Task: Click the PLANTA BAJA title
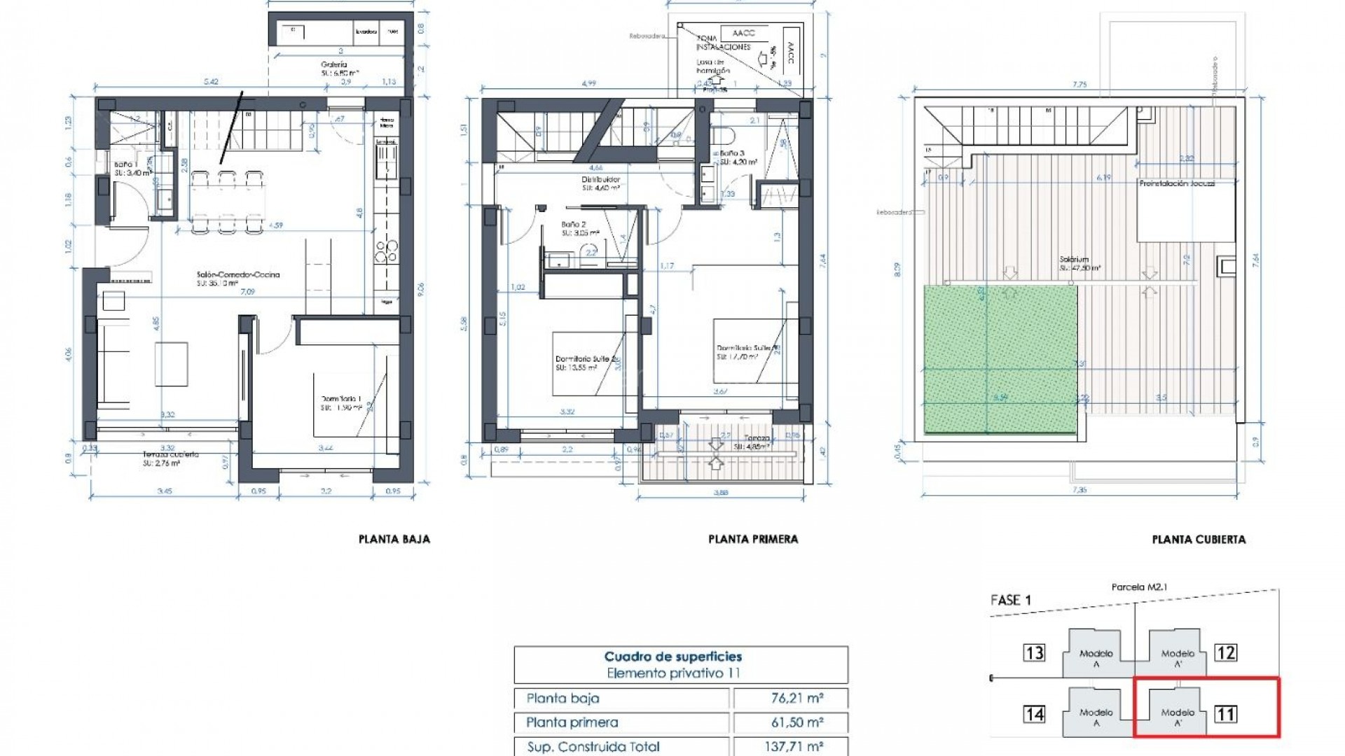tap(394, 539)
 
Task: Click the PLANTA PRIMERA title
tap(752, 539)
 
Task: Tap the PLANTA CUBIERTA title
tap(1198, 539)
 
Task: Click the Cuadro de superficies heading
tap(672, 657)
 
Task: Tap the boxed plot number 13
tap(1034, 653)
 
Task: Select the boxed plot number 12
tap(1226, 653)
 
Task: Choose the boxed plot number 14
tap(1034, 714)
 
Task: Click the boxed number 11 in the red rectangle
tap(1226, 714)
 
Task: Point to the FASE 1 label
tap(1010, 600)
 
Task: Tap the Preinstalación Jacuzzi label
tap(1177, 183)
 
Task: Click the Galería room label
tap(334, 64)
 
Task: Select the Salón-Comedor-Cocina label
tap(238, 274)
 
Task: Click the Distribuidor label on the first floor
tap(600, 179)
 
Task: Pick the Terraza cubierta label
tap(171, 454)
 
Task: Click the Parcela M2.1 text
tap(1139, 587)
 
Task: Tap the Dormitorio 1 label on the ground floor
tap(341, 399)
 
